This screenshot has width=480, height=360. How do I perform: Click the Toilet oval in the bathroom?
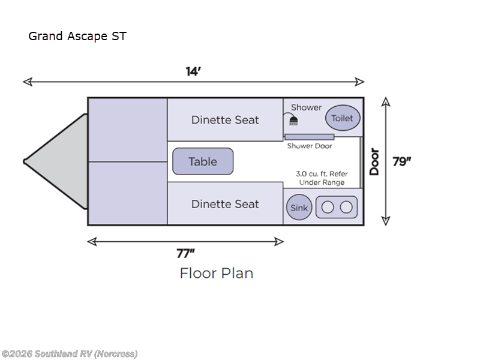point(343,118)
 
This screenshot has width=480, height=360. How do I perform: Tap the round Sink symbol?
point(299,208)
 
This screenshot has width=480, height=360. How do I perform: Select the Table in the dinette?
point(203,161)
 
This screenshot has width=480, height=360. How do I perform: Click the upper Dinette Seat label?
point(225,120)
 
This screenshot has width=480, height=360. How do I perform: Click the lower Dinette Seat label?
point(225,204)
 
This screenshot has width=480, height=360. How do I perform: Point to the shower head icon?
point(293,121)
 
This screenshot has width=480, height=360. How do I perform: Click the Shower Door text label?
point(309,146)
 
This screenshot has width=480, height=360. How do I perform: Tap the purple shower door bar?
point(309,137)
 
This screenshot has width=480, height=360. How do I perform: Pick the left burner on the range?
point(328,208)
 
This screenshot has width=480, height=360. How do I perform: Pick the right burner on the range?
point(346,208)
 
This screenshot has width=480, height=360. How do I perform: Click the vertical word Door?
point(374,161)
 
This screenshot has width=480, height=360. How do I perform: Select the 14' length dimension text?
point(193,71)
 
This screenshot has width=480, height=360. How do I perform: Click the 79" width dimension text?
point(402,161)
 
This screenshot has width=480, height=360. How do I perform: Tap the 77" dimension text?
point(185,253)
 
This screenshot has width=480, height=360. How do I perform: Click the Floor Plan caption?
point(217,273)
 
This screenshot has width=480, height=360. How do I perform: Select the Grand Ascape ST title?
point(77,36)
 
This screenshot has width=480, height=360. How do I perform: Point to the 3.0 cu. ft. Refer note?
point(322,178)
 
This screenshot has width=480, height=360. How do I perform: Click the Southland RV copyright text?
point(70,353)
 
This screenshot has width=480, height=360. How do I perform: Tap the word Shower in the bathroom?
point(306,107)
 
